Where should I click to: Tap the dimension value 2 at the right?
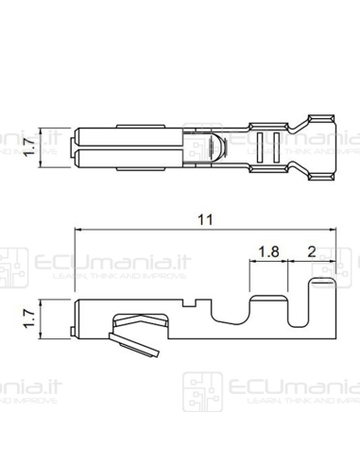(313, 252)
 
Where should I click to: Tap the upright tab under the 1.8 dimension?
(267, 288)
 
